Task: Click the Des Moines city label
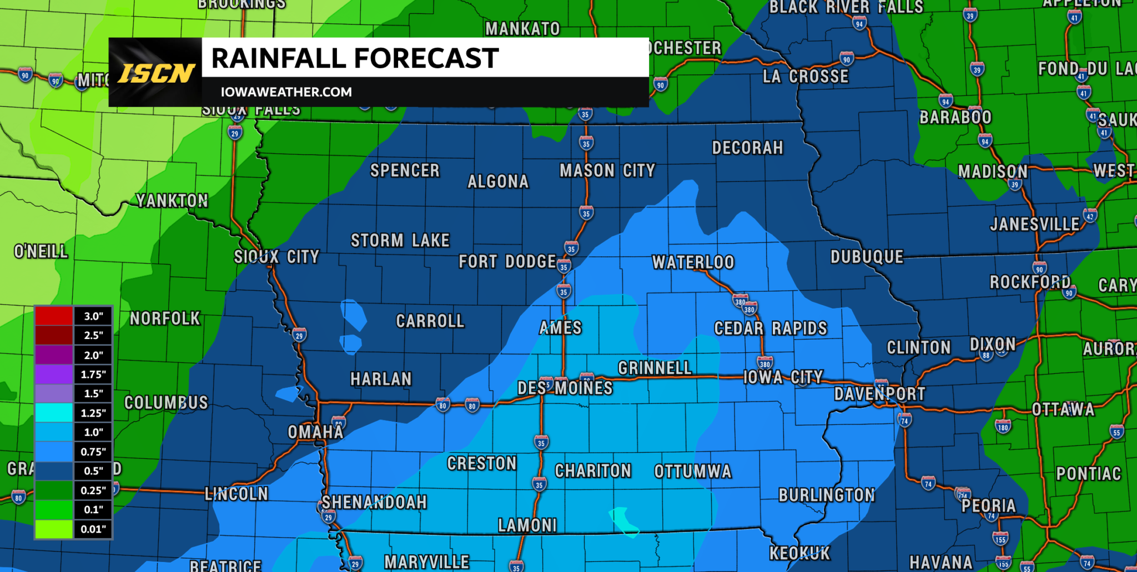coord(565,388)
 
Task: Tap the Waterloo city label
coord(693,262)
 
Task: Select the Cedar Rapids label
coord(770,328)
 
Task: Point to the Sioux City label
coord(276,257)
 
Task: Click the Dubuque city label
coord(867,257)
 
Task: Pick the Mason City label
coord(607,170)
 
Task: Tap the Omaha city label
coord(315,432)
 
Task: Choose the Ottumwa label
coord(693,472)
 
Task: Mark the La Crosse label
coord(806,76)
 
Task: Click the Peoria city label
coord(988,505)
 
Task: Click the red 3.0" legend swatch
coord(54,316)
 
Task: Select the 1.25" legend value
coord(93,413)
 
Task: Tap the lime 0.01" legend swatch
coord(54,529)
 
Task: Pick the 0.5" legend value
coord(93,471)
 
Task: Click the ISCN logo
coord(155,73)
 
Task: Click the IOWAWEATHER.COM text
coord(286,92)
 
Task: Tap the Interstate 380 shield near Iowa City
coord(765,364)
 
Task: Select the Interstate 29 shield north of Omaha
coord(299,335)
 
